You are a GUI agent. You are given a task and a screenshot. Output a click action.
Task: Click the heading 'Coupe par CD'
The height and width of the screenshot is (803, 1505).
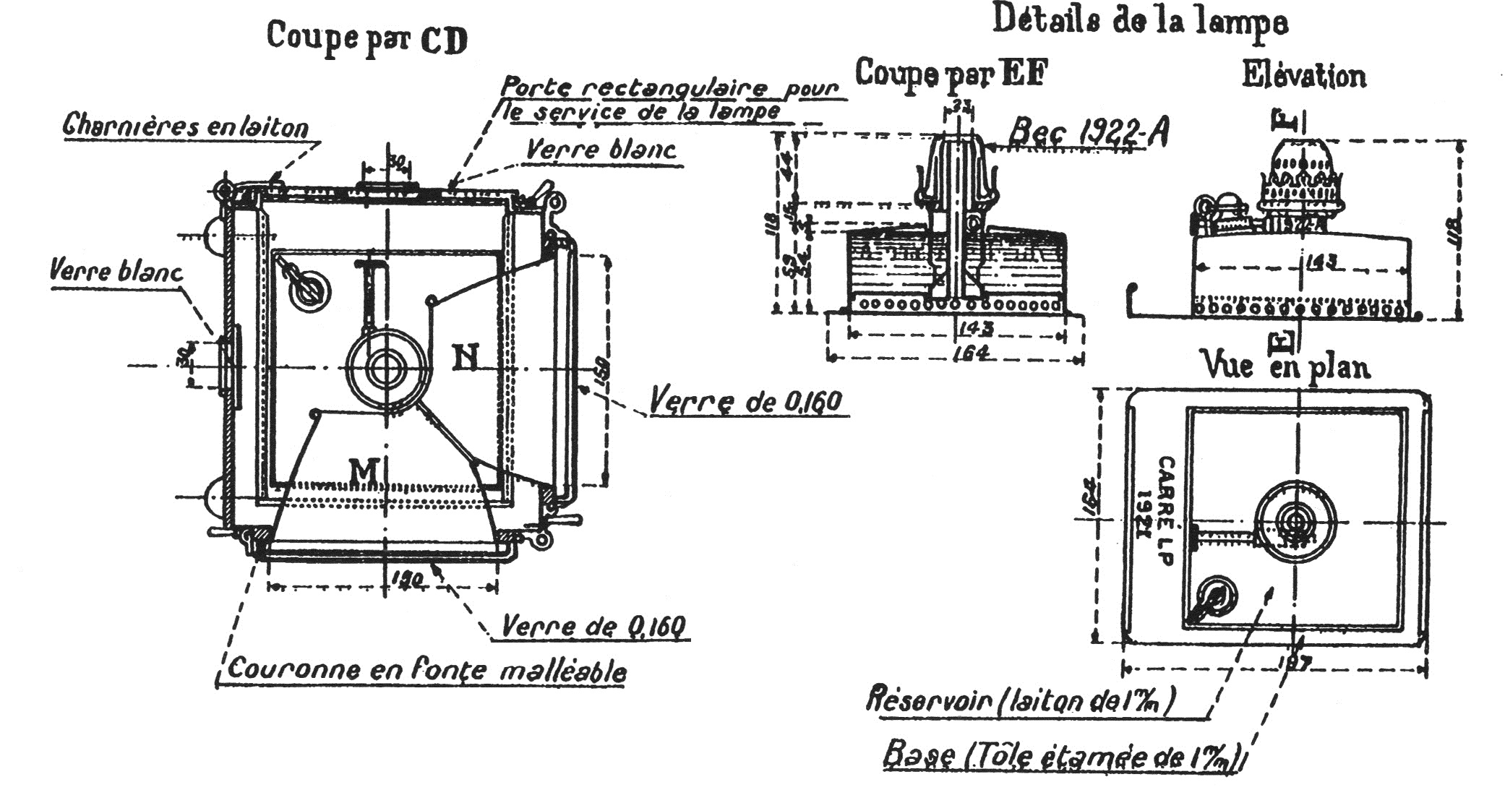(366, 38)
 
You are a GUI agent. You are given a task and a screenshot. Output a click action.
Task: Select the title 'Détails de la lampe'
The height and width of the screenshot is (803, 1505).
(1139, 22)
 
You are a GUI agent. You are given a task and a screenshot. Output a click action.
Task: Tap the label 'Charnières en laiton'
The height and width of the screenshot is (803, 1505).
(186, 126)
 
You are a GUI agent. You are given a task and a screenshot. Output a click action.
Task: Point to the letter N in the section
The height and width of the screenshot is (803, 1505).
(465, 357)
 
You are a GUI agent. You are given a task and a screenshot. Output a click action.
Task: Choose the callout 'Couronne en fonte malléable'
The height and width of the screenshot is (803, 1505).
(426, 669)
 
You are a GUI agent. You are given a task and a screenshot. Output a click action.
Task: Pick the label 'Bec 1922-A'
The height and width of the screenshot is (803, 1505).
(1087, 132)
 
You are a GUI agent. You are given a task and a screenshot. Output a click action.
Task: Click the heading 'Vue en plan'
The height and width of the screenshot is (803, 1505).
(1285, 365)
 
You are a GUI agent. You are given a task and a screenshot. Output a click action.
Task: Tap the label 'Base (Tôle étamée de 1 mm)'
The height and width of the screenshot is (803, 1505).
(1063, 757)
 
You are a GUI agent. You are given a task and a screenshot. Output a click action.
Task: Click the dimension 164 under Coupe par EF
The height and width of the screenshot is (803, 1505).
(960, 353)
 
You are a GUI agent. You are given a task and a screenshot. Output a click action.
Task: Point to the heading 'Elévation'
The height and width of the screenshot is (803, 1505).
(1303, 75)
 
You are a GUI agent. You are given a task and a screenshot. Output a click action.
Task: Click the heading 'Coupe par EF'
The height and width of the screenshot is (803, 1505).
(951, 72)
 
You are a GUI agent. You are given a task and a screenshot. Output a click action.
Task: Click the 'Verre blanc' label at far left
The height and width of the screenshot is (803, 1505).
(116, 272)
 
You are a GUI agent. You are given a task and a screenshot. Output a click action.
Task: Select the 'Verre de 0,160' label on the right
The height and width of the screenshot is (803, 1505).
(746, 400)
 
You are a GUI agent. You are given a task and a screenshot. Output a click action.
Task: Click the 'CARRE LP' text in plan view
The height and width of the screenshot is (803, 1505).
(1165, 510)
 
